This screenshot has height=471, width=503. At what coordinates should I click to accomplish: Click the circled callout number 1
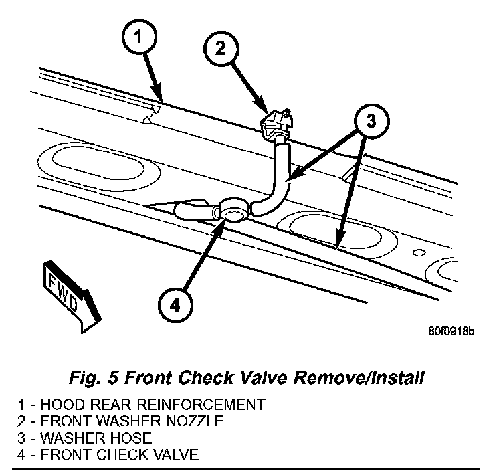point(136,38)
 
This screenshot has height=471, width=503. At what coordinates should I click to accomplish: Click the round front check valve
point(233,211)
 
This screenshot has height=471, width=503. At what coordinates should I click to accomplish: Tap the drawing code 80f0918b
point(451,331)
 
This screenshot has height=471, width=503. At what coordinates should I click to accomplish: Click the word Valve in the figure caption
point(276,378)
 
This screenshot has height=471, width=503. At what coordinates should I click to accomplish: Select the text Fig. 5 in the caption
point(93,378)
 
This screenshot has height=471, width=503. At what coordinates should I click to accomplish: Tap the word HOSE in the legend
point(134,439)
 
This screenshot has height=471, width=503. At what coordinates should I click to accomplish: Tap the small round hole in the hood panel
point(419,253)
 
